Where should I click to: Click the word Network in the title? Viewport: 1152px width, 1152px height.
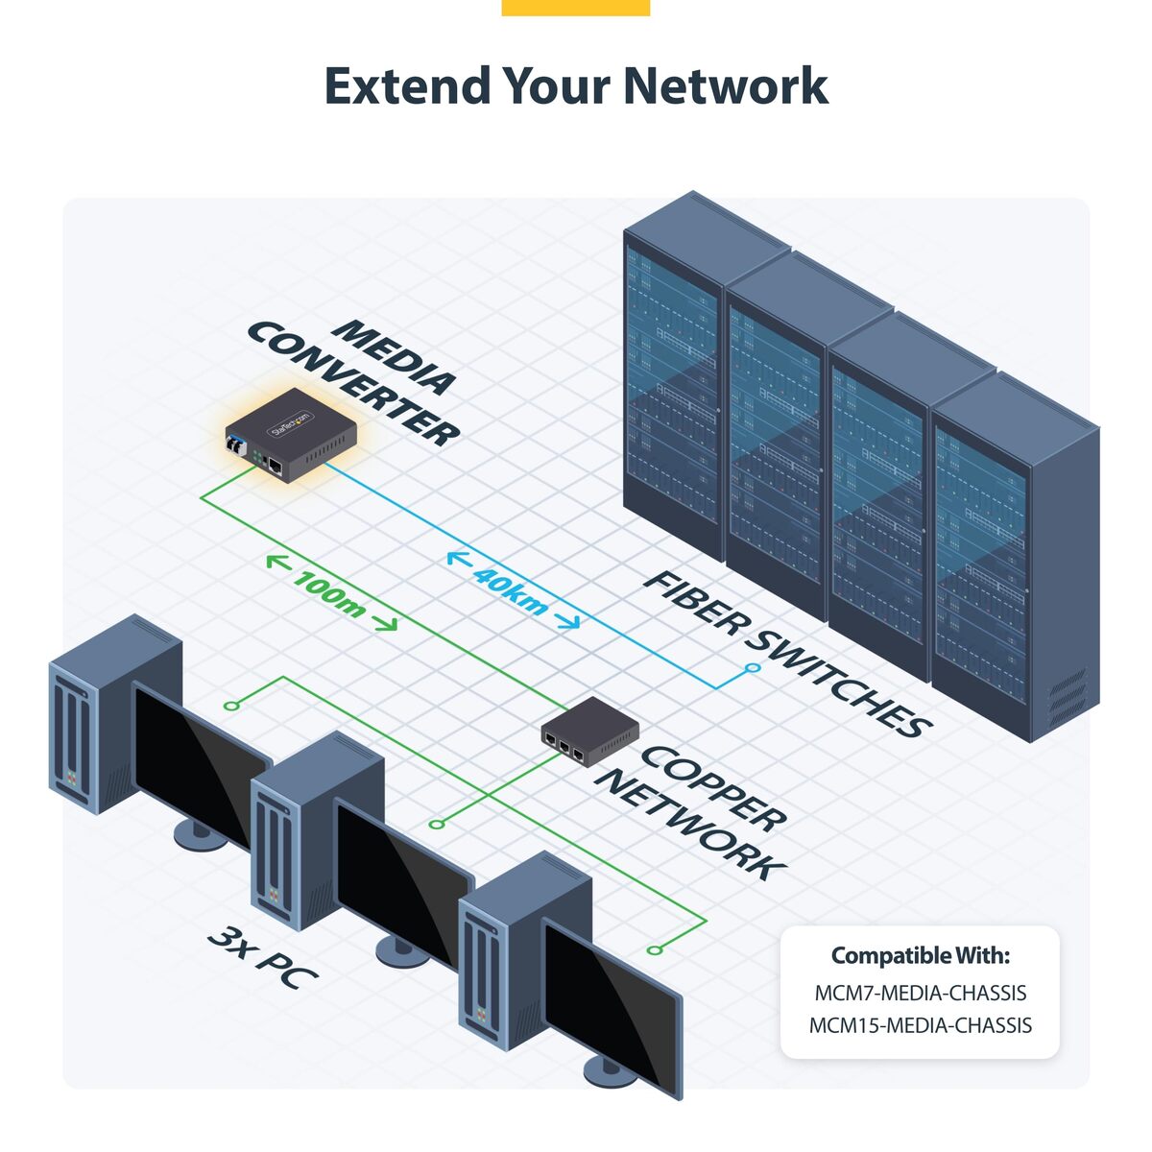coord(725,85)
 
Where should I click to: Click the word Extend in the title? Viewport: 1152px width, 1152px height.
coord(407,85)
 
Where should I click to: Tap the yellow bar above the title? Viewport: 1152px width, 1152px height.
coord(575,7)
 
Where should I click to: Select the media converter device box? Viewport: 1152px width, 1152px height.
coord(291,437)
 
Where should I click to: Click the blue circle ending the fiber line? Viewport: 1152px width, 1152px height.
coord(753,667)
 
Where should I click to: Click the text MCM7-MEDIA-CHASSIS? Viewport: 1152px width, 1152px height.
coord(920,993)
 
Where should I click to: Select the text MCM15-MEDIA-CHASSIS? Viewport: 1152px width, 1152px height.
coord(920,1025)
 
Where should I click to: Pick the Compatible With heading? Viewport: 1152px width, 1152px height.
coord(920,956)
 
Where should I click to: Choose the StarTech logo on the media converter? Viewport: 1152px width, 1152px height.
coord(292,423)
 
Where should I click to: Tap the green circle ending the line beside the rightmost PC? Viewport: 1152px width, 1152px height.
coord(654,949)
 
